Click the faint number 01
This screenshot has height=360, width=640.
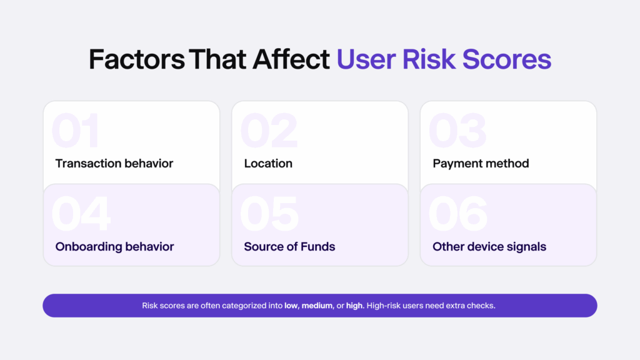(x=76, y=132)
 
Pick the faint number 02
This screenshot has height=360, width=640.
(x=269, y=132)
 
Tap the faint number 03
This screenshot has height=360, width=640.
(x=457, y=132)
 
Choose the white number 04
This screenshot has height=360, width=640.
(x=81, y=214)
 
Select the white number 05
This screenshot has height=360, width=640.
(x=269, y=214)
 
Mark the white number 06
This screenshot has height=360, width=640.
(x=458, y=214)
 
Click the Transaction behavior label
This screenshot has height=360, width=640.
(x=114, y=164)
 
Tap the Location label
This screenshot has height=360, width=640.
(x=268, y=164)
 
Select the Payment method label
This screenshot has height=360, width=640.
(x=481, y=164)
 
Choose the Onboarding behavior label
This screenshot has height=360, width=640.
(x=114, y=247)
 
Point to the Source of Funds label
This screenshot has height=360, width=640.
(x=289, y=247)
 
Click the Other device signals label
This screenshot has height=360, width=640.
(x=489, y=247)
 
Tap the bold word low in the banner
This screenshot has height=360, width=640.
(x=291, y=306)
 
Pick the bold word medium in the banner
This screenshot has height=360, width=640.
(x=317, y=306)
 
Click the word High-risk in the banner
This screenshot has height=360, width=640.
(x=384, y=306)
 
